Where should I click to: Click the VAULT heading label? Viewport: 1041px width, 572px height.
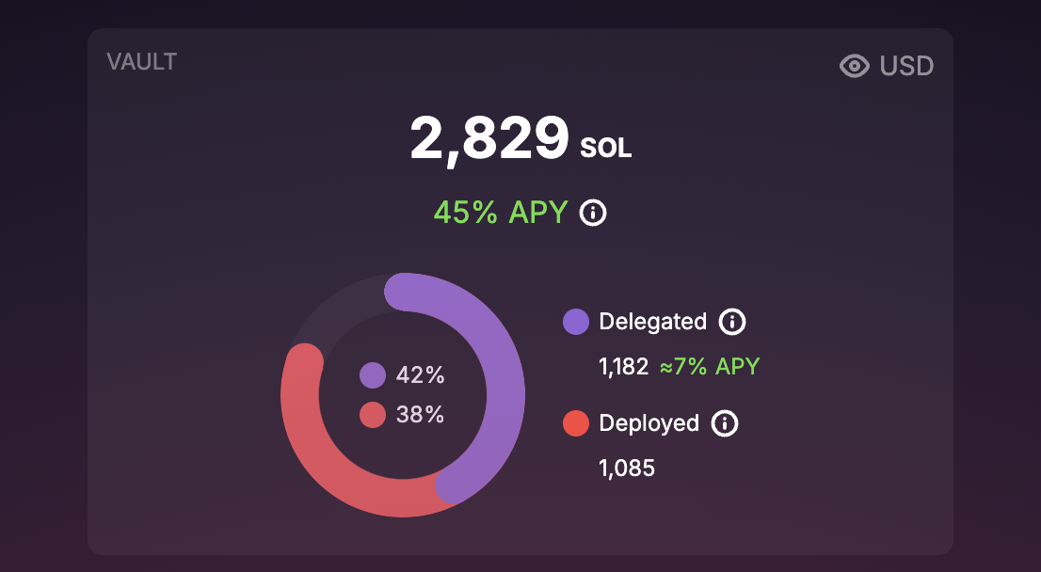[x=142, y=62]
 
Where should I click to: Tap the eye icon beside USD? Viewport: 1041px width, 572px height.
[x=855, y=66]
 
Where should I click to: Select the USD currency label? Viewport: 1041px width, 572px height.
[x=906, y=66]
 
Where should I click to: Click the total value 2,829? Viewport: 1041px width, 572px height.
[x=489, y=139]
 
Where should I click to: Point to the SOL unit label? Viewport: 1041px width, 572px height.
[x=606, y=148]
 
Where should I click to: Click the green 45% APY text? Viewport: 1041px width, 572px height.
[x=501, y=213]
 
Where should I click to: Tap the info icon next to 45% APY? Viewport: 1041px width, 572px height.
[x=593, y=213]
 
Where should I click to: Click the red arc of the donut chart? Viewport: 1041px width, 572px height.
[x=339, y=461]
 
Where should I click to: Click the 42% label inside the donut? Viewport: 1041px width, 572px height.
[x=420, y=375]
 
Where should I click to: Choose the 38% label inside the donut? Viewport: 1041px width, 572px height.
[x=420, y=415]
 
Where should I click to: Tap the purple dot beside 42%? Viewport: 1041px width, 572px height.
[x=373, y=375]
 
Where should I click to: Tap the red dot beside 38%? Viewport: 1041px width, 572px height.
[x=373, y=415]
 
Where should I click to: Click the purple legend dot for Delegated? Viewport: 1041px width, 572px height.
[x=576, y=322]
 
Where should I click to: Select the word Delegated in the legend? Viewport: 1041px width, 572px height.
[x=652, y=322]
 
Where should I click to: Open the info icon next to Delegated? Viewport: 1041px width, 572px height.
[x=732, y=322]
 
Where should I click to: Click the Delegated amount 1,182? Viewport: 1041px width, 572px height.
[x=624, y=367]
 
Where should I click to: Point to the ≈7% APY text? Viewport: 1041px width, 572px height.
[x=709, y=367]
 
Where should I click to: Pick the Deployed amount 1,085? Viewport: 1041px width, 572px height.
[x=627, y=468]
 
